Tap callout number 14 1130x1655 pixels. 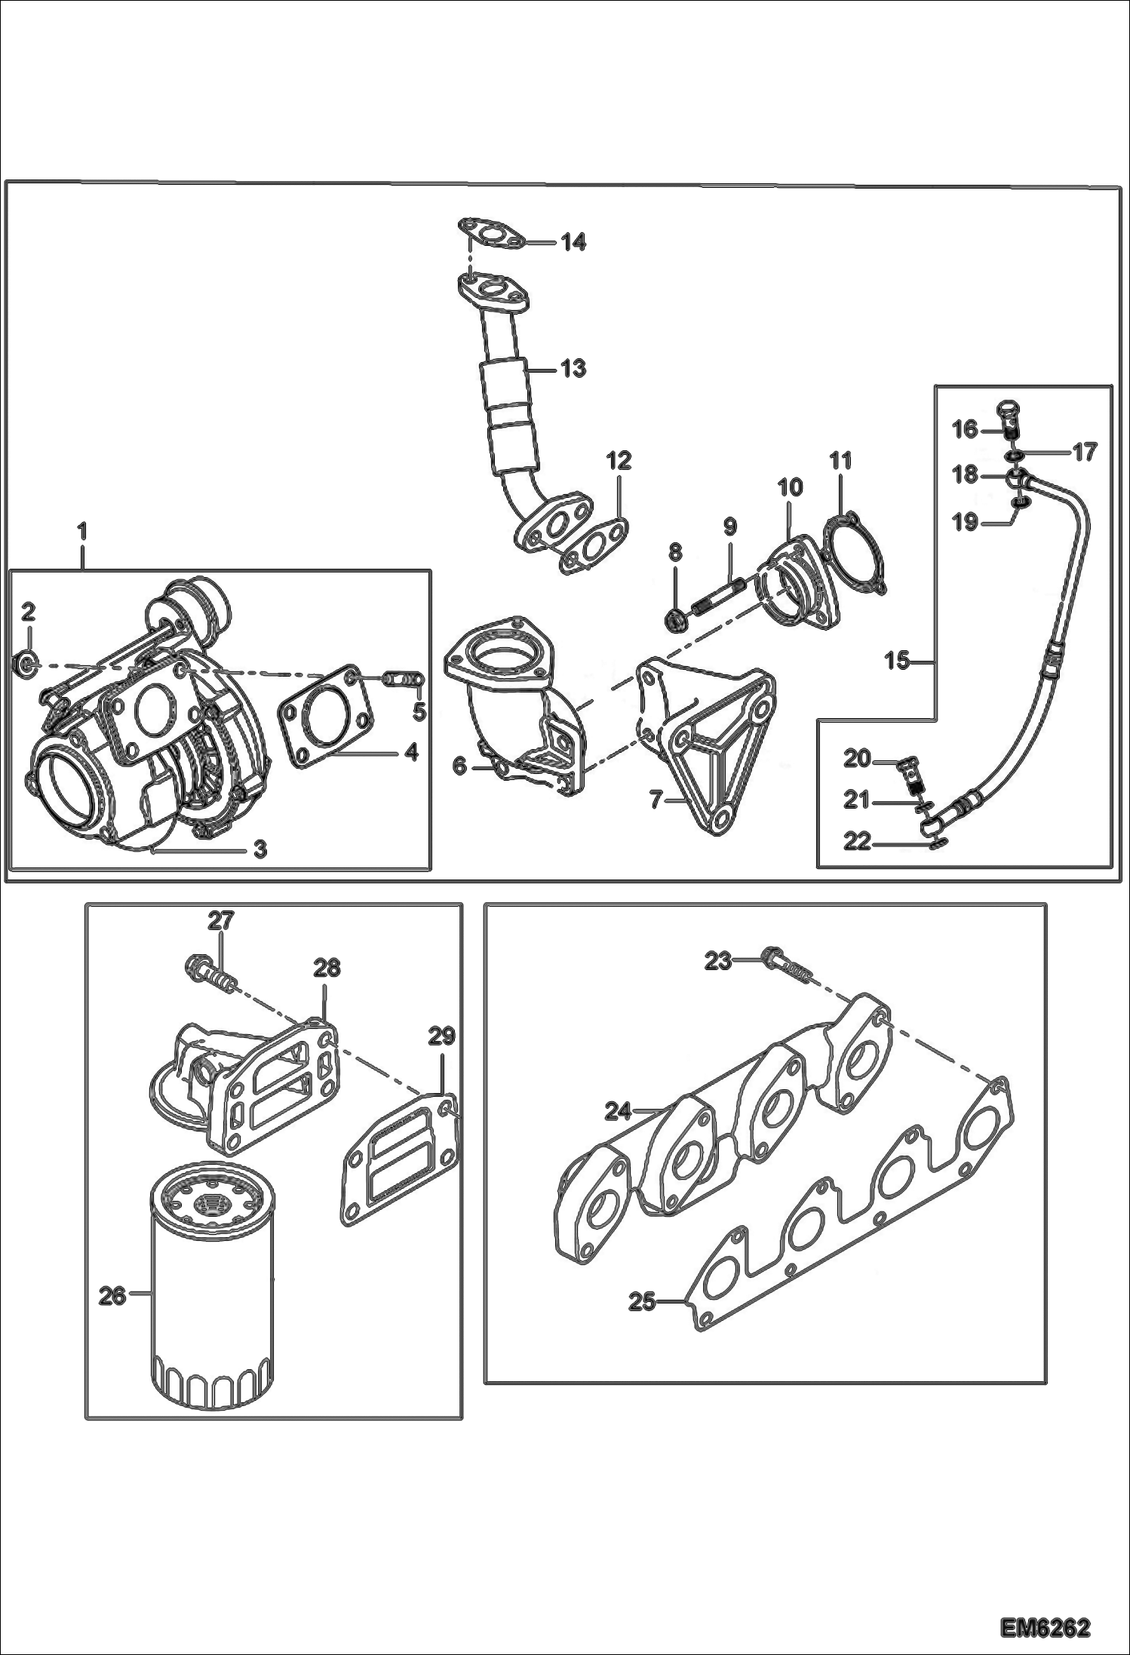tap(573, 242)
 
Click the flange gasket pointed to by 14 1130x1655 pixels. tap(491, 233)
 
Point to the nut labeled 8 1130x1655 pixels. tap(676, 620)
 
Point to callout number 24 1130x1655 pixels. tap(618, 1111)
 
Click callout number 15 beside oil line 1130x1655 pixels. tap(897, 662)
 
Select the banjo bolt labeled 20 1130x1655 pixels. tap(914, 777)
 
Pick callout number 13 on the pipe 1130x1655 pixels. tap(573, 369)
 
